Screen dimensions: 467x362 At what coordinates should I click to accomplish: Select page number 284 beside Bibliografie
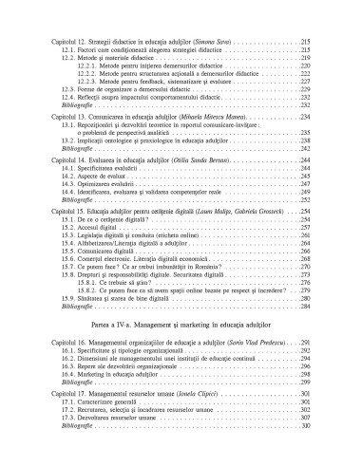click(305, 281)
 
